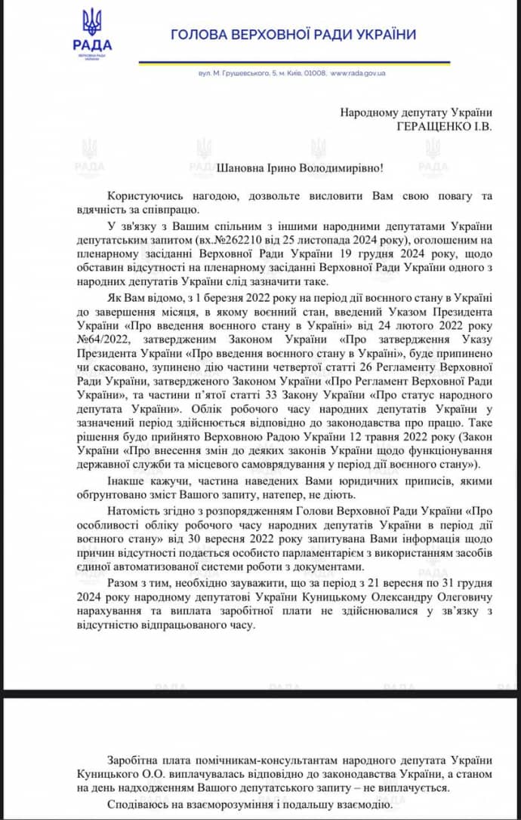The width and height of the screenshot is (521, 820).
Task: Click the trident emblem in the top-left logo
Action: tap(92, 22)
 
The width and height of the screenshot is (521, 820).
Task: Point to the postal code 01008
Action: tap(314, 73)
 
